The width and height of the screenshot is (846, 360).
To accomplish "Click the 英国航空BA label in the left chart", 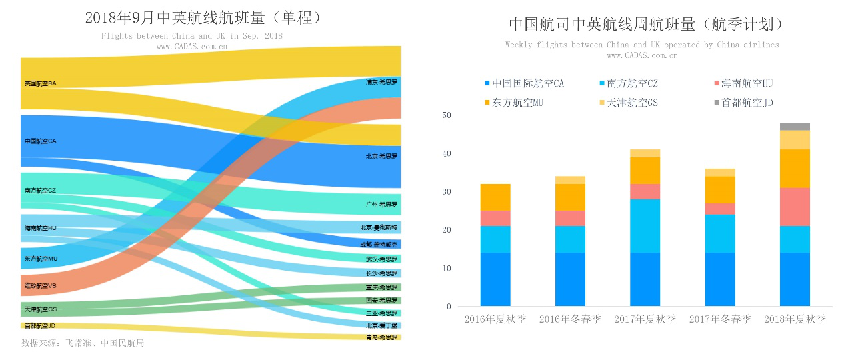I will coord(40,83).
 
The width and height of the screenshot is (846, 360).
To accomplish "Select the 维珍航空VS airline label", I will coord(40,286).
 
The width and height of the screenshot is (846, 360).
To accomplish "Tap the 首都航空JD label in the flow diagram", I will coord(39,325).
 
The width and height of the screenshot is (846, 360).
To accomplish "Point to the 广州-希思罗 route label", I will coord(381,205).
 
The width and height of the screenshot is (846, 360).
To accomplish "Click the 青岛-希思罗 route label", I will coord(381,337).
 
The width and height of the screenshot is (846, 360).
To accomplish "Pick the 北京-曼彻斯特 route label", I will coord(379,227).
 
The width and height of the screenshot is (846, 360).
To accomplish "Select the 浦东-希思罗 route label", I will coord(381,83).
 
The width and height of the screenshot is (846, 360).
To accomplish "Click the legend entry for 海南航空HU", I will coord(746,83).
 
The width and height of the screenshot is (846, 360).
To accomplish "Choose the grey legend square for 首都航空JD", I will coord(717,103).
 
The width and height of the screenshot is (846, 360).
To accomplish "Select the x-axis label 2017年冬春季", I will coord(720,319).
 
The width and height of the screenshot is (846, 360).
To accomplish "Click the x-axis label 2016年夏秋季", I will coord(495,319).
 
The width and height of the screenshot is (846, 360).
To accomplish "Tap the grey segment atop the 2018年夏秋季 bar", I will coord(795,127).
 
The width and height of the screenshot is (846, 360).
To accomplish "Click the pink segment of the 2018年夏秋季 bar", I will coord(795,207).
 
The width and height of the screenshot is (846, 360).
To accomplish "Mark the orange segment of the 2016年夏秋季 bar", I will coord(495,197).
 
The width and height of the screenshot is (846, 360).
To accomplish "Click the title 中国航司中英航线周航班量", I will coord(645,25).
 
